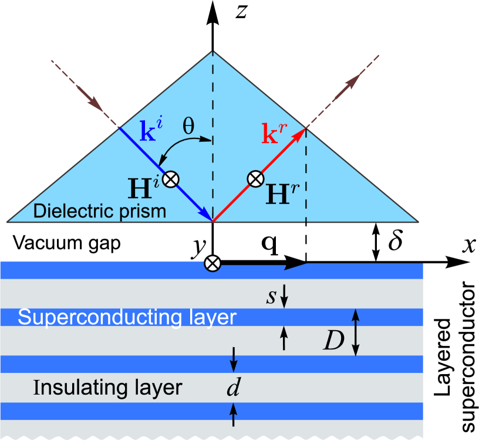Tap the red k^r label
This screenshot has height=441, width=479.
[275, 134]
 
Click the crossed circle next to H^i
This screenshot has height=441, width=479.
[170, 179]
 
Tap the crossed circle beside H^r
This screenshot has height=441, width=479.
[255, 178]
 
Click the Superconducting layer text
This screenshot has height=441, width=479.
[127, 317]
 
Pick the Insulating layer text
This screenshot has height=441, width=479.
[107, 388]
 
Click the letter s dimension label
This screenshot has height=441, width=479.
[271, 296]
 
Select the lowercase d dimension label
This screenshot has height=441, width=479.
[234, 389]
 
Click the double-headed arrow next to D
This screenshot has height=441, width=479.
[355, 333]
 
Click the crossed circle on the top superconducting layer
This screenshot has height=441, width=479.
[212, 264]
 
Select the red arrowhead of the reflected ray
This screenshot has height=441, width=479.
[301, 134]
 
